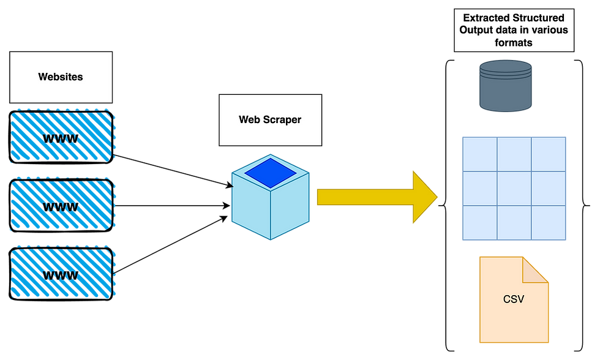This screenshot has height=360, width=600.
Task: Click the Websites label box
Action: pyautogui.click(x=61, y=77)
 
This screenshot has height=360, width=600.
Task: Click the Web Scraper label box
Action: pyautogui.click(x=270, y=119)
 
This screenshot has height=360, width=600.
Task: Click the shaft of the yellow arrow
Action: pyautogui.click(x=361, y=197)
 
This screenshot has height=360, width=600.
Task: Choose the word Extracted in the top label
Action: pyautogui.click(x=487, y=18)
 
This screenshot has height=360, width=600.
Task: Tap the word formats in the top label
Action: pyautogui.click(x=514, y=42)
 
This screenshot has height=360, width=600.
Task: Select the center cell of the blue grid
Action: pyautogui.click(x=514, y=189)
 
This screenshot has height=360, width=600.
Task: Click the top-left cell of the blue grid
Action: pyautogui.click(x=478, y=154)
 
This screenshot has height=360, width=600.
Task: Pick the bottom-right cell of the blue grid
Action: pyautogui.click(x=549, y=223)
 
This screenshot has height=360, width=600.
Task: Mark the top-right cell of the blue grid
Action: pyautogui.click(x=549, y=154)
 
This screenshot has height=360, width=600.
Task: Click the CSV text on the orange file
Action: pyautogui.click(x=514, y=300)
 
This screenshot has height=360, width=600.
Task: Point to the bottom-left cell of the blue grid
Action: pyautogui.click(x=478, y=223)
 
